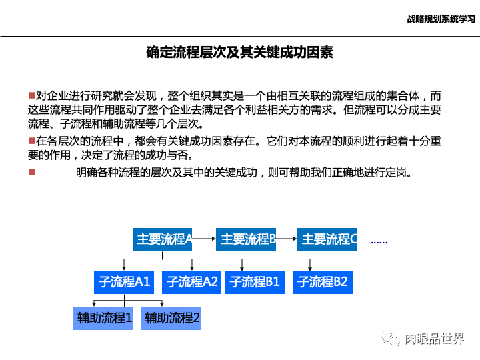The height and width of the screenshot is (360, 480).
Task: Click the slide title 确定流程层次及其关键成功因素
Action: click(x=239, y=52)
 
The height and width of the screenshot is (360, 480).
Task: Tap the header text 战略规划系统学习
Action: click(x=441, y=19)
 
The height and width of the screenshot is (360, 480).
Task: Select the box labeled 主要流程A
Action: click(x=163, y=239)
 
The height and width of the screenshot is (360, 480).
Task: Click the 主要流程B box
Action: click(x=246, y=239)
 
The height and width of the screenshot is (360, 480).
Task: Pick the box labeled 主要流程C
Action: click(x=327, y=239)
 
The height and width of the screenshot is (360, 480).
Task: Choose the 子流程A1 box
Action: click(x=125, y=282)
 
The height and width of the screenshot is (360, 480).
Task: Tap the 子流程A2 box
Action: click(x=192, y=282)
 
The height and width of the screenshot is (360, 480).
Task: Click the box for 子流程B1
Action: click(x=255, y=282)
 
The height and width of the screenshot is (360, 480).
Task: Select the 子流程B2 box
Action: click(x=322, y=282)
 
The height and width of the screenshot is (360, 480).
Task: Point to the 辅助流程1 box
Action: click(x=105, y=318)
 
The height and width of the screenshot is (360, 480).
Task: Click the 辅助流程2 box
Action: click(x=172, y=318)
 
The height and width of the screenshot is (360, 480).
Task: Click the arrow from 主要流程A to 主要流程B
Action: click(x=204, y=238)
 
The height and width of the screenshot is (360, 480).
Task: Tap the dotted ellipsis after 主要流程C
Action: click(x=379, y=242)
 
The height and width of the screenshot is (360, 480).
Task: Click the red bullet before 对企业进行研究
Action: click(x=31, y=96)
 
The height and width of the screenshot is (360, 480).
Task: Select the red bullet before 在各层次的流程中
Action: click(x=31, y=141)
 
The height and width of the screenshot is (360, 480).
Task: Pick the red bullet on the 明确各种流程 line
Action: click(x=31, y=172)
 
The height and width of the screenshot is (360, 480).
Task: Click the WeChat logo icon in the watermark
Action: click(x=391, y=339)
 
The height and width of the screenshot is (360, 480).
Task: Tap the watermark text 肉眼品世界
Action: click(x=435, y=339)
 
